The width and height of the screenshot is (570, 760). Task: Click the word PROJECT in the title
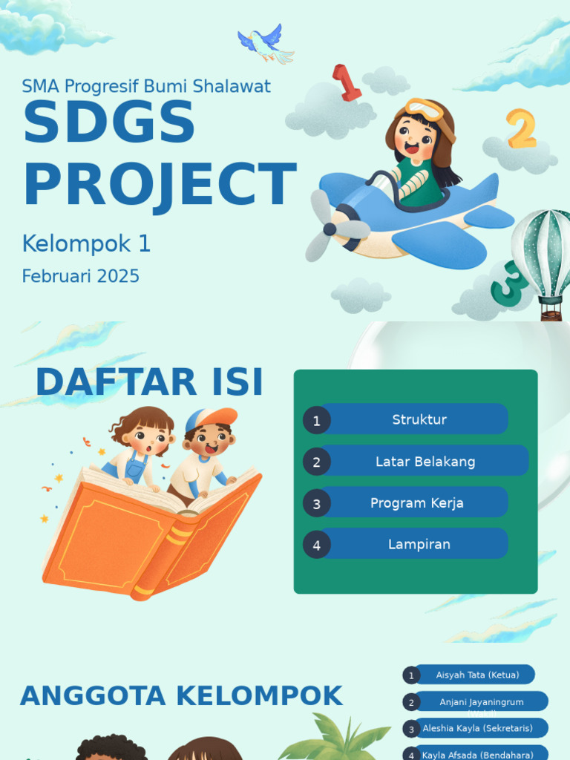pos(160,185)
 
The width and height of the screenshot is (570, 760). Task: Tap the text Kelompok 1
pos(86,243)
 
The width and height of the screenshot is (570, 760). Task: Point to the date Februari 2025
pos(80,276)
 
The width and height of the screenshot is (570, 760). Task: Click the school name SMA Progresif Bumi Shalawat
pos(146,86)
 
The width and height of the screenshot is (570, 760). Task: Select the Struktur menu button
pos(419,419)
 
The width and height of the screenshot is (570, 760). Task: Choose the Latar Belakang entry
pos(425,461)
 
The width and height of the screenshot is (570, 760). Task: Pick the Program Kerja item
pos(416,502)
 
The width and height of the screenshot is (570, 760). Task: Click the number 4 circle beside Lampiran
pos(316,545)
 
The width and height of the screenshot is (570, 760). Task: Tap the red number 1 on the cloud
pos(345,82)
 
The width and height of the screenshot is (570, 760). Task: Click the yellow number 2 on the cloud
pos(521,128)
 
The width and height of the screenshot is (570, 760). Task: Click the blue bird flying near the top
pos(266,43)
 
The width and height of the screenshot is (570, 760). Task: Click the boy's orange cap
pos(214,419)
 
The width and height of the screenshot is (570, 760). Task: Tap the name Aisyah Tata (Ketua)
pos(477,675)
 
